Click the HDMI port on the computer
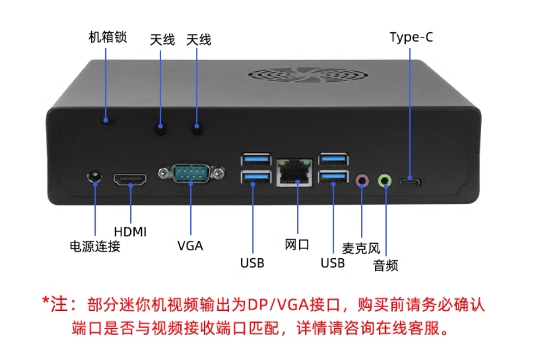(x=131, y=180)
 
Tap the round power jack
(x=95, y=177)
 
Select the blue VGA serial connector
(x=190, y=174)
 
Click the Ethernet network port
(x=295, y=172)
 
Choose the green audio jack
(x=385, y=180)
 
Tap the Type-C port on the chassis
(x=411, y=182)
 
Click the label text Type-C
(x=411, y=38)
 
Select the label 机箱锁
(x=108, y=37)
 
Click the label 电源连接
(x=95, y=246)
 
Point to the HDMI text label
(x=130, y=231)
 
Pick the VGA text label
(x=190, y=245)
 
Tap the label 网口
(x=296, y=245)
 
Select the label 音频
(x=385, y=265)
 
